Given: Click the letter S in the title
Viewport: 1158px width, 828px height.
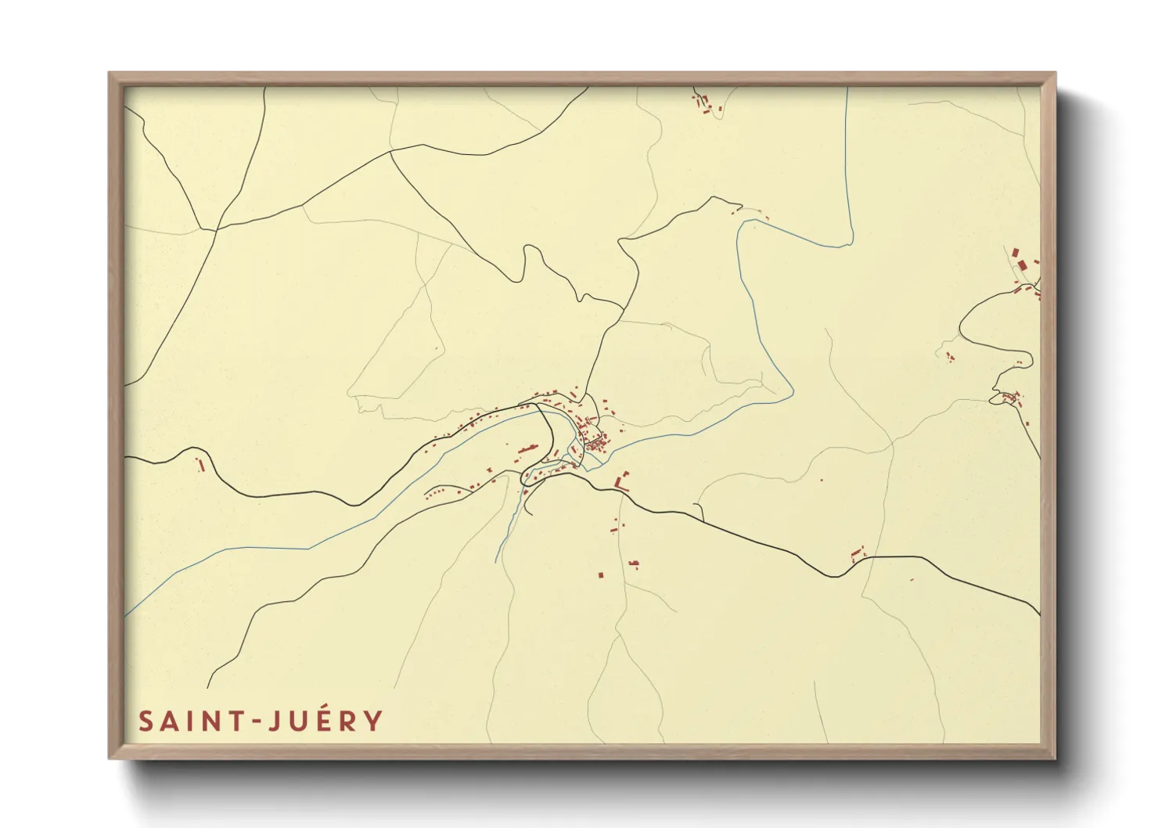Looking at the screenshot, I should coord(146,721).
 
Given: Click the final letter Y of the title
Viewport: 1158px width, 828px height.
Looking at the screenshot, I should coord(374,721).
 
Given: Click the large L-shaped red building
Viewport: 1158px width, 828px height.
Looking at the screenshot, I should coord(623,481).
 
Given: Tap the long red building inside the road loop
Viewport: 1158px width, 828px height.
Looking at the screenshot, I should coord(527,450).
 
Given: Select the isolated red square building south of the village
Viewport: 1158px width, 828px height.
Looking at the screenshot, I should coord(600,574).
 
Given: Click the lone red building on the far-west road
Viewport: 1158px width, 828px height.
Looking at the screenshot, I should coord(201,465).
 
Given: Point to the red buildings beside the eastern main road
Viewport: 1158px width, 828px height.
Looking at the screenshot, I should coord(858,555).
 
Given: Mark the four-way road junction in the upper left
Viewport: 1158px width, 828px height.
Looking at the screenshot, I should coord(216,229).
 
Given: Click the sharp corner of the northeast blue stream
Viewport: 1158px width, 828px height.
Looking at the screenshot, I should coord(851,243).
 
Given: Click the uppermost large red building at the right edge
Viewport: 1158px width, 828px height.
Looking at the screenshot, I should coord(1016,254).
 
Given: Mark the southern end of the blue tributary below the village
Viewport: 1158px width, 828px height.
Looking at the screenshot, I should coord(497,560).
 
